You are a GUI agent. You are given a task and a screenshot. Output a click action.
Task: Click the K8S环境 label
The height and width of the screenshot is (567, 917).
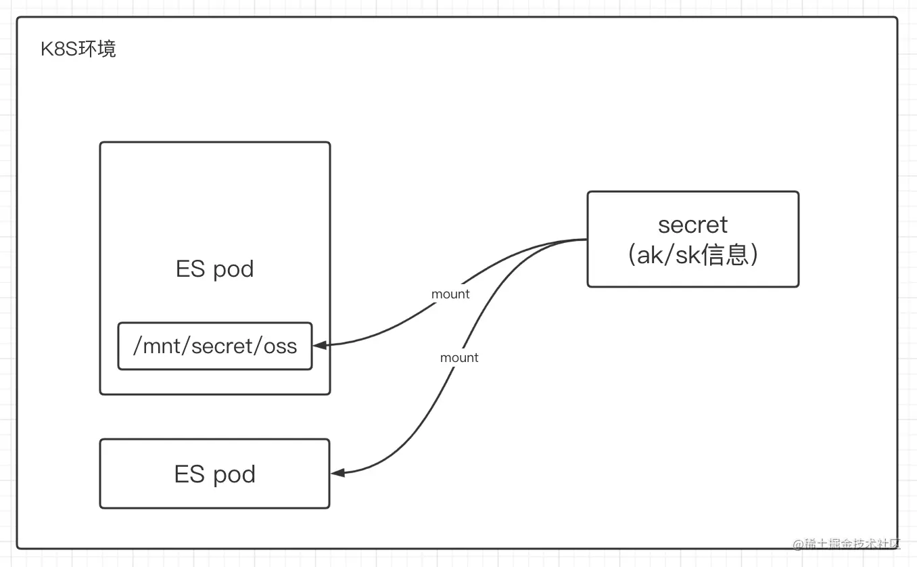[78, 49]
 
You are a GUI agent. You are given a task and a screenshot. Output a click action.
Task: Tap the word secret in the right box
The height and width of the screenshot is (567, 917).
[692, 225]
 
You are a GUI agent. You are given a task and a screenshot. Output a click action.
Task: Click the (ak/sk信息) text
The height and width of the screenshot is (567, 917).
[692, 255]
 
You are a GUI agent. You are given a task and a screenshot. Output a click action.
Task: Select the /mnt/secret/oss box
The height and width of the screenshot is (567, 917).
[215, 346]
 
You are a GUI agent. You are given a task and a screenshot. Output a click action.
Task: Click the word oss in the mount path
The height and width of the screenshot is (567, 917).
[281, 346]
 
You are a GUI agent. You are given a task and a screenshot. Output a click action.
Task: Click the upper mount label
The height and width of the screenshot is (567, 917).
[450, 294]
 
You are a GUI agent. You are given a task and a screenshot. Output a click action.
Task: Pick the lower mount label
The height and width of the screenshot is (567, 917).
[459, 358]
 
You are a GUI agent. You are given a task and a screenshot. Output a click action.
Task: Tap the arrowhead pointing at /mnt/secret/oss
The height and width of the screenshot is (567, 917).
[319, 345]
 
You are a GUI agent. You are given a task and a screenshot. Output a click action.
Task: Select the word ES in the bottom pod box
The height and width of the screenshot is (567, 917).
[189, 474]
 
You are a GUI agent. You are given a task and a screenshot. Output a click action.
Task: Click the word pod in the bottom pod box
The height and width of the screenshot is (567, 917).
[234, 474]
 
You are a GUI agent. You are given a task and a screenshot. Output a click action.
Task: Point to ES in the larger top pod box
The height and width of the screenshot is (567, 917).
[190, 269]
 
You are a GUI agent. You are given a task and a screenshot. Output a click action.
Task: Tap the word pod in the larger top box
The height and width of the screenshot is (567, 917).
[234, 269]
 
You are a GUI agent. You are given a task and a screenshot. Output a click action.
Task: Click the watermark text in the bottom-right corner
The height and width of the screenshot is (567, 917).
[847, 544]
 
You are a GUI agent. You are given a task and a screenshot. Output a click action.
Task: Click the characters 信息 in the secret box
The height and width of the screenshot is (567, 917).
[724, 255]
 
